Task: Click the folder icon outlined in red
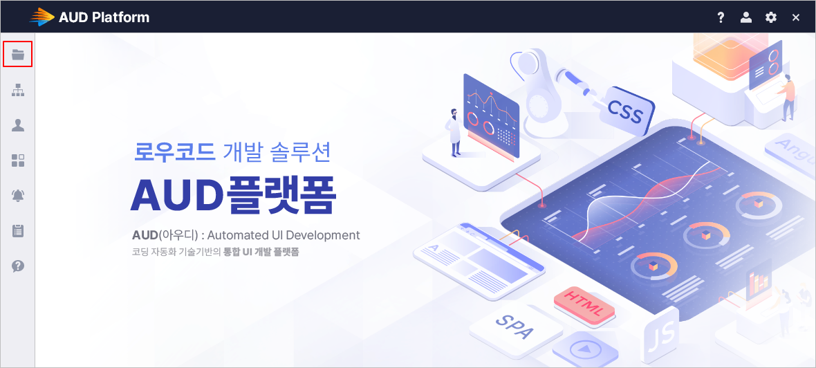click(18, 54)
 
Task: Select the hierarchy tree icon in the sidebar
click(18, 90)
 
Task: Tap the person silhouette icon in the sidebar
click(18, 125)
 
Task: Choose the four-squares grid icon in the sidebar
click(18, 161)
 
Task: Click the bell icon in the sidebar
click(18, 196)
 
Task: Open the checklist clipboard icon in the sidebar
click(18, 231)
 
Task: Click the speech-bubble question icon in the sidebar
click(18, 266)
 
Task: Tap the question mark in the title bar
click(721, 18)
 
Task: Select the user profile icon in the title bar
click(745, 17)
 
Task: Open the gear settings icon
click(771, 17)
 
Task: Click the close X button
click(796, 18)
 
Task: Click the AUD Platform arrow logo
click(41, 17)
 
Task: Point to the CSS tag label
click(626, 111)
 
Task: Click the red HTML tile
click(584, 303)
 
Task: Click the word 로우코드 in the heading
click(175, 151)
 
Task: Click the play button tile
click(585, 349)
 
